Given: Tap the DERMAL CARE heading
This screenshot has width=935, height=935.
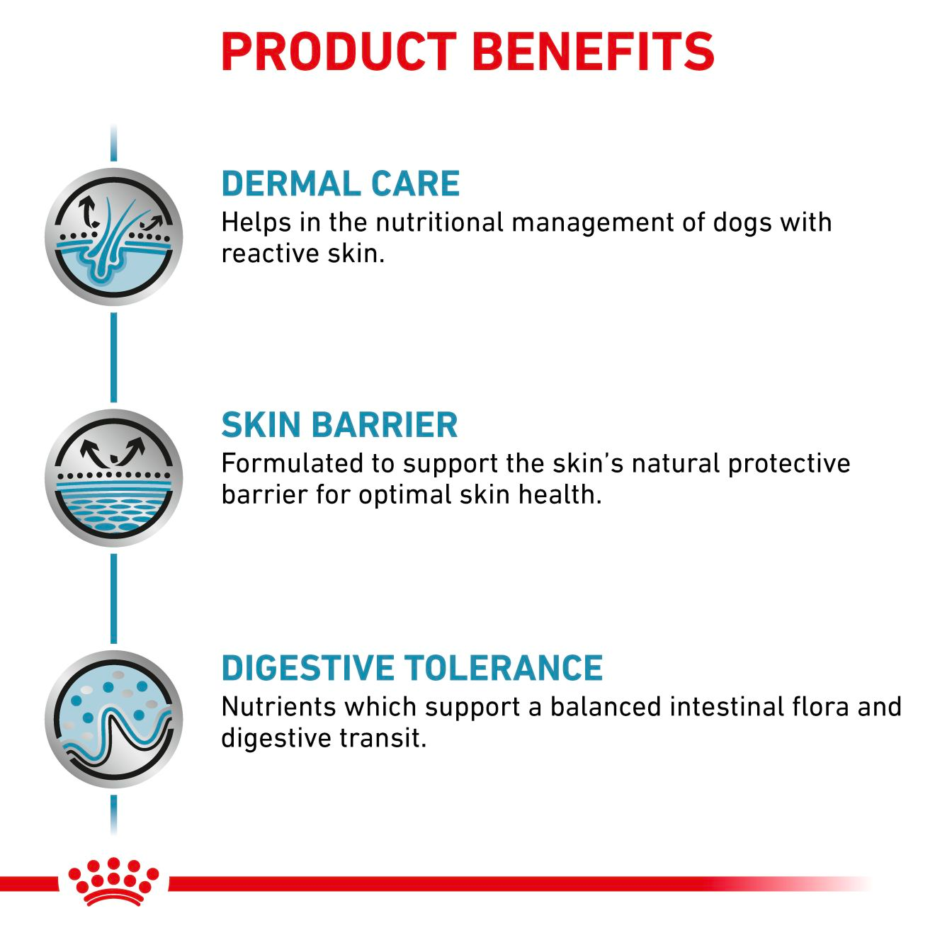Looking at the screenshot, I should pyautogui.click(x=340, y=184).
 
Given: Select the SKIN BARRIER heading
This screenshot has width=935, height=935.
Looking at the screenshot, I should pyautogui.click(x=339, y=425).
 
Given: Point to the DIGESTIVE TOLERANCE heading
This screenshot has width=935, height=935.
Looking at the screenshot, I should pyautogui.click(x=412, y=668).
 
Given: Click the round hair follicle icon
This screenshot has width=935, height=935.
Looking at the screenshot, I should pyautogui.click(x=113, y=237).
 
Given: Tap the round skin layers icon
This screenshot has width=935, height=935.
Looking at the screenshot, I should pyautogui.click(x=113, y=478).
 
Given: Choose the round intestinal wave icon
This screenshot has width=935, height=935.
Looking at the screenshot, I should pyautogui.click(x=113, y=719).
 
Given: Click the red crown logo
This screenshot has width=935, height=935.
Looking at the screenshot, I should pyautogui.click(x=113, y=881).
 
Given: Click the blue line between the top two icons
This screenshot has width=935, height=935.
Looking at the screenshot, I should pyautogui.click(x=113, y=358).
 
